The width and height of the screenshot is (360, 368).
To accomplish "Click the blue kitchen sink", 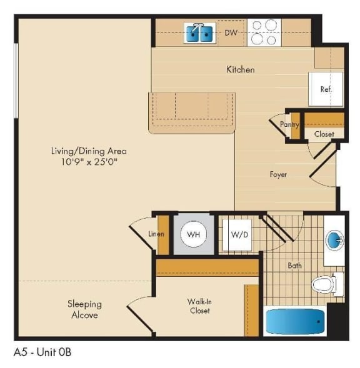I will (200, 32).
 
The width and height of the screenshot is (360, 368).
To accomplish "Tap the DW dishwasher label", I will (231, 32).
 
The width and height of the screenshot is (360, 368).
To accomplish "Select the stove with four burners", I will (263, 32).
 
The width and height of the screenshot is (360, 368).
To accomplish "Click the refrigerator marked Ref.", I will (325, 89).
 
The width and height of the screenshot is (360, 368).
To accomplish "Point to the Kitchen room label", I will (240, 69).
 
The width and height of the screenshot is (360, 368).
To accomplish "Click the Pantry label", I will (289, 124).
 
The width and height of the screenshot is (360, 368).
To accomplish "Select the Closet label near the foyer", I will (324, 134).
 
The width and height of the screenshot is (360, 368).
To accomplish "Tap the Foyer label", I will (278, 174).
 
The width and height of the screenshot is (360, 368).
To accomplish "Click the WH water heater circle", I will (193, 235).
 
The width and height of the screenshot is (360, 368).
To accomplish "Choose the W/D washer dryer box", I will (237, 235).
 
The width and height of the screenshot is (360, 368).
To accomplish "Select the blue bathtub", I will (296, 321).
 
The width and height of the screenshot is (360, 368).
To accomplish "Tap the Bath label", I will (294, 266).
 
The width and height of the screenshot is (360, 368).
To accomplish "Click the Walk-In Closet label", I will (199, 306).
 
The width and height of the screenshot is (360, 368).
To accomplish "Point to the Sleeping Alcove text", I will (84, 309).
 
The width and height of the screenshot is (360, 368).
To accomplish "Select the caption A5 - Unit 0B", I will (42, 352).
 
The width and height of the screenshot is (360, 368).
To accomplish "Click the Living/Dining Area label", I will (89, 151).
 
